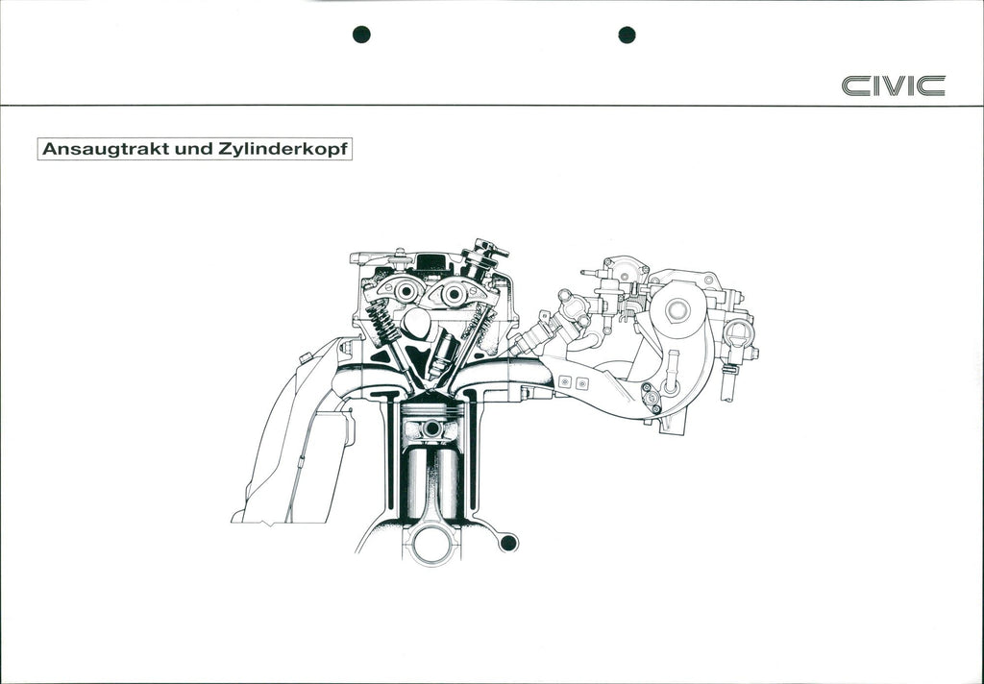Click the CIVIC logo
[x=893, y=85]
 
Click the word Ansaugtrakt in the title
[x=106, y=149]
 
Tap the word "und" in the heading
[x=192, y=149]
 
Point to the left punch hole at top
[x=361, y=35]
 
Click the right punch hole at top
[x=627, y=35]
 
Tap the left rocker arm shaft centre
[x=407, y=291]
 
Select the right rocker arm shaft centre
[x=454, y=294]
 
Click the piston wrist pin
[x=431, y=428]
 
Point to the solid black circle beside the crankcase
[x=508, y=543]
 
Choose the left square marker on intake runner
[x=565, y=381]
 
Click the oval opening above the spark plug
[x=416, y=323]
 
